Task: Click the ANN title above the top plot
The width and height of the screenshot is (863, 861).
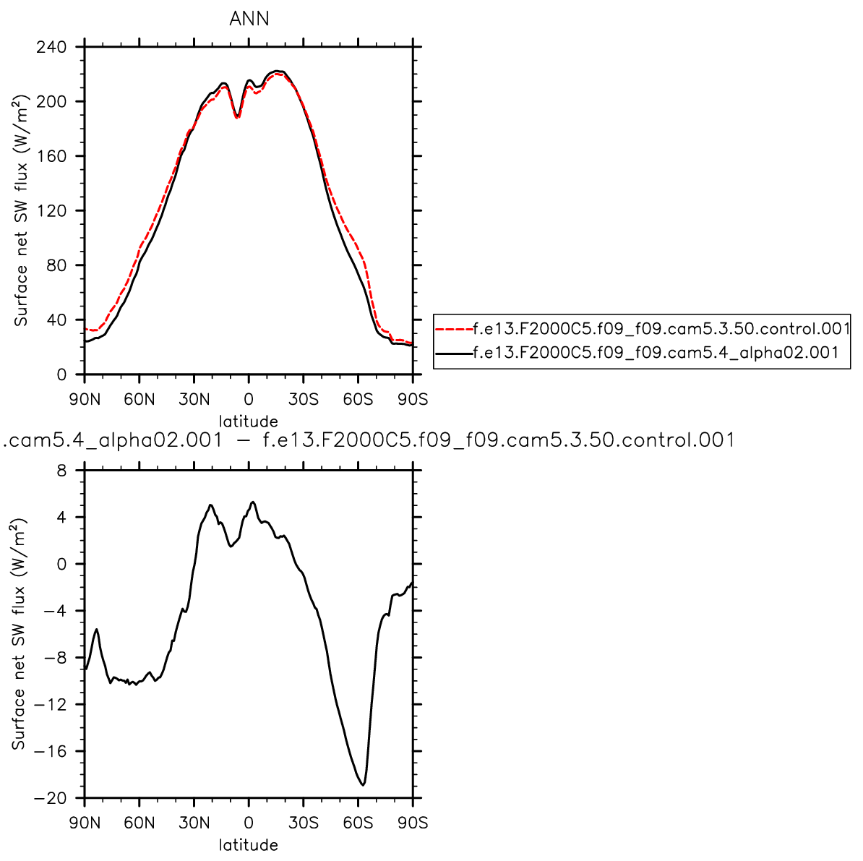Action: [x=249, y=20]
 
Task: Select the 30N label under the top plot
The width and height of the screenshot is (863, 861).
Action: [x=194, y=400]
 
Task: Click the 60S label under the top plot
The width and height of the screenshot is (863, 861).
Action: [x=358, y=400]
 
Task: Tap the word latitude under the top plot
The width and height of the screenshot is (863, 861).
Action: [x=249, y=421]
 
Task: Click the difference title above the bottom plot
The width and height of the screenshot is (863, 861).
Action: [x=369, y=440]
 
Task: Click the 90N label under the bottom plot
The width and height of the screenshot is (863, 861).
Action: [x=85, y=823]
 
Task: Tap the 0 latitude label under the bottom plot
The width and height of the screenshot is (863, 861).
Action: [x=249, y=823]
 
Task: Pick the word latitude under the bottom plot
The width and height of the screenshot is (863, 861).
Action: [x=249, y=844]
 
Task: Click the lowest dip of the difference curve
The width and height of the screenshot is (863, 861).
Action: [x=363, y=784]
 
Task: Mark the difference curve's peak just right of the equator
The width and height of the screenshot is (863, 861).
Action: [x=252, y=502]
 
